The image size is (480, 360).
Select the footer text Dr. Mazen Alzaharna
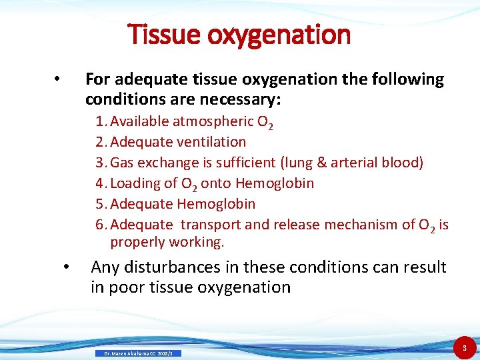[x=127, y=353]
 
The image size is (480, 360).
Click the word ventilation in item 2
[x=213, y=142]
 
